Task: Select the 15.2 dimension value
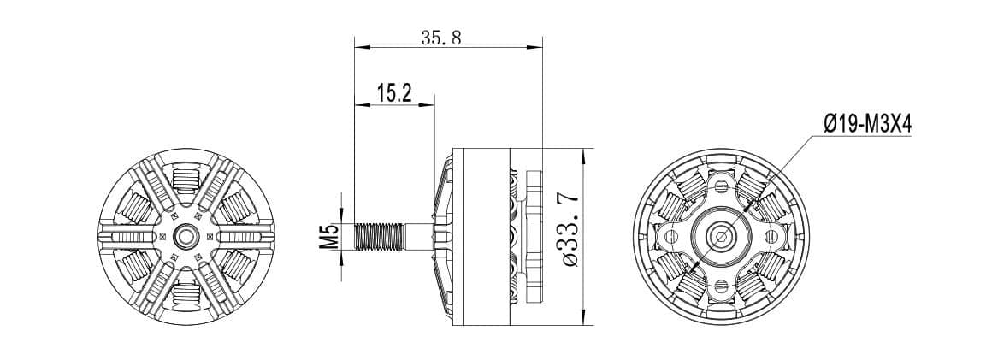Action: pyautogui.click(x=393, y=93)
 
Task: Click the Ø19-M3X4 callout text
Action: pyautogui.click(x=868, y=125)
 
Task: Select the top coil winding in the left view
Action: pyautogui.click(x=186, y=180)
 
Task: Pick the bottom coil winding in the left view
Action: pyautogui.click(x=186, y=292)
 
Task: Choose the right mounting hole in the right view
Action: pyautogui.click(x=772, y=236)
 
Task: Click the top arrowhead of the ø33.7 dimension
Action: pyautogui.click(x=583, y=154)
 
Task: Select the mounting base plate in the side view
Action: pyautogui.click(x=535, y=236)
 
